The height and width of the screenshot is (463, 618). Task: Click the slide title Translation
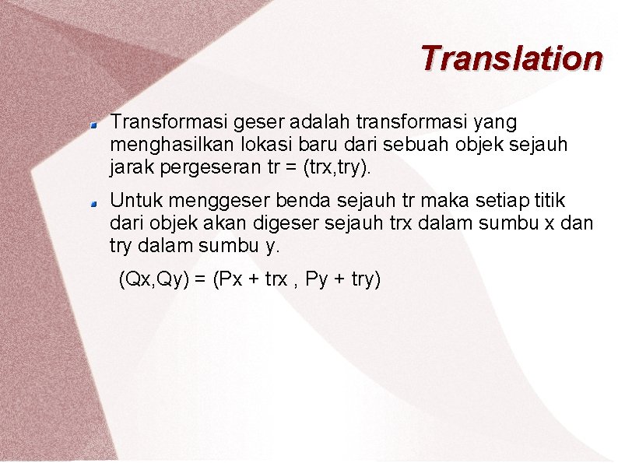tap(511, 58)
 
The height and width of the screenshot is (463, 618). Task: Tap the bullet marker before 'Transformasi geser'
tap(92, 123)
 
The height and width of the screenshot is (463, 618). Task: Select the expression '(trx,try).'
tap(339, 167)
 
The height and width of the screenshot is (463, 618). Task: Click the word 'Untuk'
tap(134, 202)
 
